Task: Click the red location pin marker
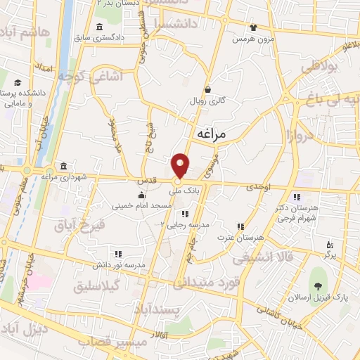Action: point(181,166)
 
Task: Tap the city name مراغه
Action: point(212,133)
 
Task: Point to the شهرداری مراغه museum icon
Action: point(64,166)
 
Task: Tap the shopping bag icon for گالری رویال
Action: point(208,90)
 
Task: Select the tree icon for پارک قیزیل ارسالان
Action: point(319,285)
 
